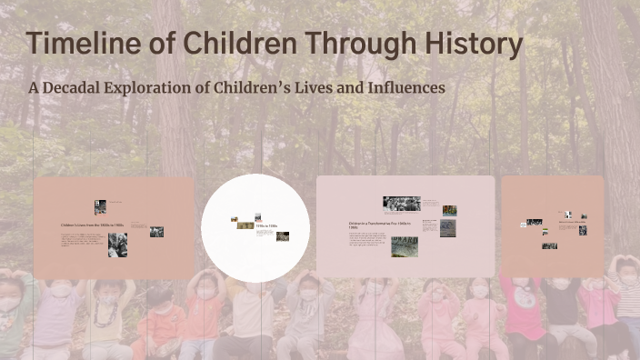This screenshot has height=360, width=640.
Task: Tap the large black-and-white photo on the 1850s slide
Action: point(117,245)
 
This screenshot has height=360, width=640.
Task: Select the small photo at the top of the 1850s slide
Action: point(100,206)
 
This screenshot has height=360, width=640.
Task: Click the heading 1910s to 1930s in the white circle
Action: point(265,225)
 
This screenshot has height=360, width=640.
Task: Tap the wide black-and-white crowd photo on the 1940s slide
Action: point(401,204)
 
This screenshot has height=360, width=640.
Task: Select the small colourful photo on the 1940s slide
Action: point(449,210)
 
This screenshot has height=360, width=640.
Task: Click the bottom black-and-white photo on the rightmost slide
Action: point(549,245)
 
